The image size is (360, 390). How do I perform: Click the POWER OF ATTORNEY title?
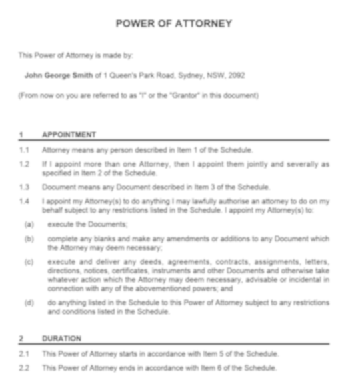pyautogui.click(x=174, y=23)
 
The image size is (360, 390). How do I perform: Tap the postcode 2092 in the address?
pyautogui.click(x=236, y=75)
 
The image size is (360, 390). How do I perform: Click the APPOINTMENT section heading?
pyautogui.click(x=69, y=135)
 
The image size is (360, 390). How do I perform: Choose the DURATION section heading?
pyautogui.click(x=62, y=339)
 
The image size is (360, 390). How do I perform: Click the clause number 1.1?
pyautogui.click(x=24, y=151)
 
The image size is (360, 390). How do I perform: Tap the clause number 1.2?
pyautogui.click(x=24, y=164)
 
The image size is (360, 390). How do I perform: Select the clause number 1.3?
pyautogui.click(x=24, y=188)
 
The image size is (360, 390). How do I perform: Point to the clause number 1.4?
pyautogui.click(x=24, y=201)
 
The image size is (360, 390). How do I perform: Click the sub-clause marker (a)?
pyautogui.click(x=29, y=225)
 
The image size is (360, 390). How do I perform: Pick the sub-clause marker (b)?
pyautogui.click(x=29, y=238)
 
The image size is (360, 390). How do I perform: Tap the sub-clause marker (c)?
pyautogui.click(x=29, y=262)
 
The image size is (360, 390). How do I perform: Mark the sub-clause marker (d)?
pyautogui.click(x=29, y=303)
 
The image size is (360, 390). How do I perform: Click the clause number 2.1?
pyautogui.click(x=24, y=355)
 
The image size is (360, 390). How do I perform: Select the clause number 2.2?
pyautogui.click(x=24, y=368)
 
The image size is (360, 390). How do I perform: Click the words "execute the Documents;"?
pyautogui.click(x=87, y=225)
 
